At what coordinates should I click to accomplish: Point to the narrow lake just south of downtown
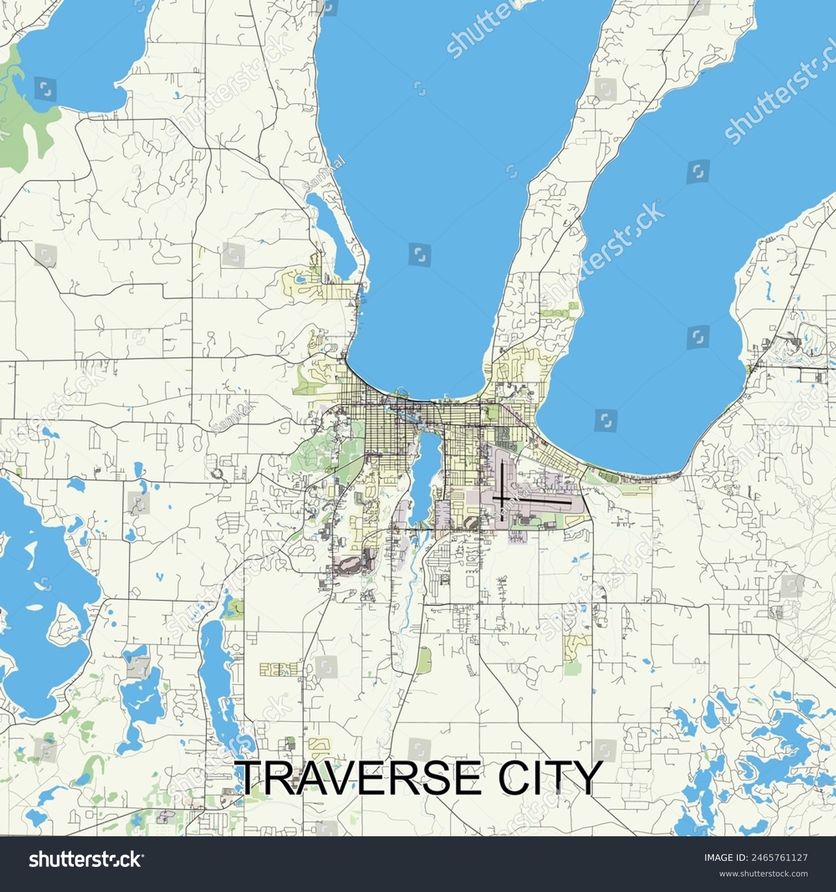[421, 474]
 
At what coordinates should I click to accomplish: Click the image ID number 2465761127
[780, 857]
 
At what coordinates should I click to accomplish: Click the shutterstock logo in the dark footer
[85, 859]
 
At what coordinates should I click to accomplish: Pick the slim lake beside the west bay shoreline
[333, 234]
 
